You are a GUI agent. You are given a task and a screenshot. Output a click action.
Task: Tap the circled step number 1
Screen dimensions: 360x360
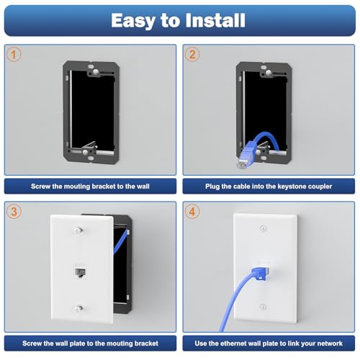point(14,55)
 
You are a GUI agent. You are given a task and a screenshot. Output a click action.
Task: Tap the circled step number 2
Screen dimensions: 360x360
point(192,55)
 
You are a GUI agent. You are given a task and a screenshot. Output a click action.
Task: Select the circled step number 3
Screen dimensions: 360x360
point(14,212)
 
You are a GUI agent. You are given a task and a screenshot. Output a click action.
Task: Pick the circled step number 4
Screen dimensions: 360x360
point(192,212)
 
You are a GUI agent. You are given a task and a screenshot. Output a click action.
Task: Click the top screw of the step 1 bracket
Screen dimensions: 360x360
point(96,71)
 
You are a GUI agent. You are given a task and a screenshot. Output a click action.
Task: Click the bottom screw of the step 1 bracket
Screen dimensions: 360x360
point(85,152)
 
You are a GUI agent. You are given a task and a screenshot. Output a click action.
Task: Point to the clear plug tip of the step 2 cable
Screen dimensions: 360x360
point(241,164)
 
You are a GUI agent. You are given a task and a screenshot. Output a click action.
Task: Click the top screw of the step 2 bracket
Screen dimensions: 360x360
point(269,72)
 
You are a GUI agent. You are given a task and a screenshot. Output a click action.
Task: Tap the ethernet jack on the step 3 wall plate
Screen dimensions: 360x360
point(81,273)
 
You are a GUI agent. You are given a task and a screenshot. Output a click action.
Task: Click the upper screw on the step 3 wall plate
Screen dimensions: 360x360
point(78,230)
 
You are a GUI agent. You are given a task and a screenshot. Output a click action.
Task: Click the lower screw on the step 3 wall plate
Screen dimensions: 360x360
point(78,308)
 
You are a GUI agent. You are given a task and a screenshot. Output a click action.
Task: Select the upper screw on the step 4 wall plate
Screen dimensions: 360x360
point(264,228)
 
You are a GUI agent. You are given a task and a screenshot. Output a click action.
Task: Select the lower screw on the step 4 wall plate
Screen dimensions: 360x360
point(263,307)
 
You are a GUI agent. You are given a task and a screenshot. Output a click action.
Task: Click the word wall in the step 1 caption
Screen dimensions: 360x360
point(143,186)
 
